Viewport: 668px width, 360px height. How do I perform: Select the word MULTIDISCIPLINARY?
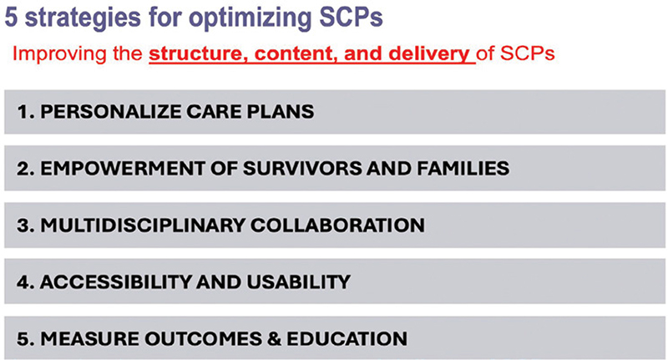coord(142,226)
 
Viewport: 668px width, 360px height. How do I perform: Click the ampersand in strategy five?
coord(275,338)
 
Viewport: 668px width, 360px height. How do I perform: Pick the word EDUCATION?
coord(347,338)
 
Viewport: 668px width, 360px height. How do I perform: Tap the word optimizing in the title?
coord(249,18)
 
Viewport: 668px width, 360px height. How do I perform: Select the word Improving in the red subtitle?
coord(56,54)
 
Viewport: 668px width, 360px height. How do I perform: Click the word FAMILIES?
coord(463,168)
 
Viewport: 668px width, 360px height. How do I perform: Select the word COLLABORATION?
coord(337,226)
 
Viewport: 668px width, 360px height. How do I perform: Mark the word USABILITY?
coord(298,282)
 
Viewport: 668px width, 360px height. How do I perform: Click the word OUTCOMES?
coord(203,338)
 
